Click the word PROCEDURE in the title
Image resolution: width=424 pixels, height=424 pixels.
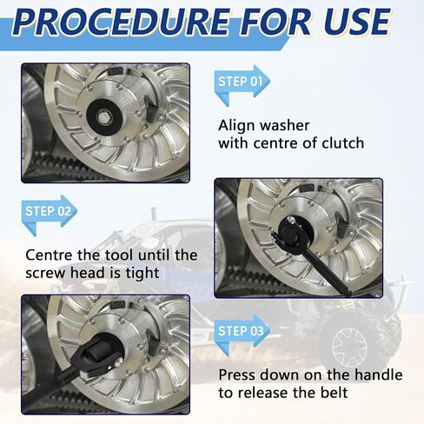click(122, 22)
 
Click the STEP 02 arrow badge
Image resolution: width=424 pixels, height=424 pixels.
click(50, 214)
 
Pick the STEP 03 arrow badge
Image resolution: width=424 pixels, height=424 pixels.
click(242, 333)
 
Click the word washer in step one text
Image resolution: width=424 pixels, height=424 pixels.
click(284, 125)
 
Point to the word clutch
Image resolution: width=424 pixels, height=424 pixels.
click(343, 143)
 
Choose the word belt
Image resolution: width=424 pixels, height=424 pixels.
click(335, 393)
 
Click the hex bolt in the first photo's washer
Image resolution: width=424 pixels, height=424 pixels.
click(103, 116)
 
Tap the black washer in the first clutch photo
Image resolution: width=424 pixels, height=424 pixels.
click(103, 116)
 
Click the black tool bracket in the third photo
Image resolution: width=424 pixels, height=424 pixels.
click(96, 358)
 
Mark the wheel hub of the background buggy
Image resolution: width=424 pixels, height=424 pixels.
click(349, 345)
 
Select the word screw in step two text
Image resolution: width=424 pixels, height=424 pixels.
click(46, 274)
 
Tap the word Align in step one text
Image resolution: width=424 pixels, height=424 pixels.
click(235, 126)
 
